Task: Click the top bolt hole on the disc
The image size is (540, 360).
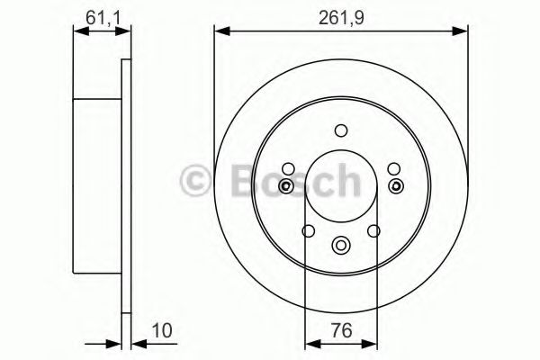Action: (340, 130)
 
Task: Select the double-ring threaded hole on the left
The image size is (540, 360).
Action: (286, 186)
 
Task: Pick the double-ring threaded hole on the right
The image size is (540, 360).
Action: (395, 186)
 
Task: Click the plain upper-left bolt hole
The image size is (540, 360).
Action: (288, 168)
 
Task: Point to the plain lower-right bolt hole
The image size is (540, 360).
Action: (375, 232)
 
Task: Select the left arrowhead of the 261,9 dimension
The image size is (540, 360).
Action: (219, 32)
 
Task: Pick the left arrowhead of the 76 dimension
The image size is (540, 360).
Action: (310, 342)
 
